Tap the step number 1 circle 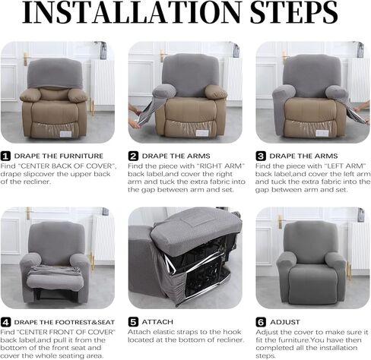(6, 156)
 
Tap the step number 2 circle (133, 156)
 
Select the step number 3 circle (260, 156)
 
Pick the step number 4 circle (6, 321)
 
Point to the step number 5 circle (133, 321)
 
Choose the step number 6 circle (260, 321)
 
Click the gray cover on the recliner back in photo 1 (55, 73)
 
